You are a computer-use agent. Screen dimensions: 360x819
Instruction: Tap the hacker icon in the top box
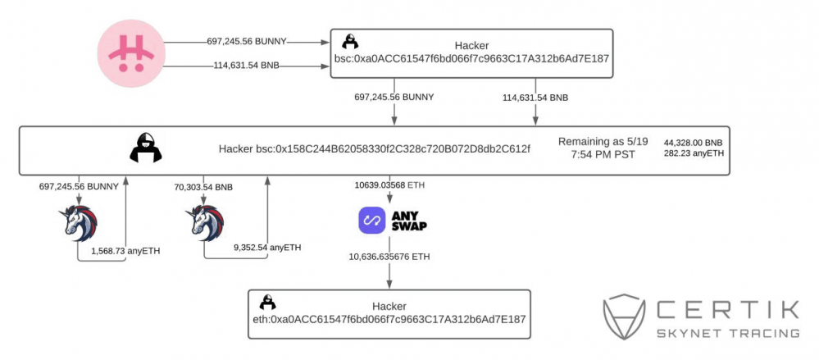(350, 42)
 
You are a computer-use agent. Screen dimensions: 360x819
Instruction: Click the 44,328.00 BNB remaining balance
(694, 141)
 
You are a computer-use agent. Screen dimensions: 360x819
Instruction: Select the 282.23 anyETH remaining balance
(694, 153)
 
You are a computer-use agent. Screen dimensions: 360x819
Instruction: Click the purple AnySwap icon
(373, 221)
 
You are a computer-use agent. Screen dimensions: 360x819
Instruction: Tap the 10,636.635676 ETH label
(389, 257)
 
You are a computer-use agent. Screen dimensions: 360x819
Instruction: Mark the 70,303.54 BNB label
(205, 187)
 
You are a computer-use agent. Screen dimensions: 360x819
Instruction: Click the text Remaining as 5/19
(603, 141)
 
